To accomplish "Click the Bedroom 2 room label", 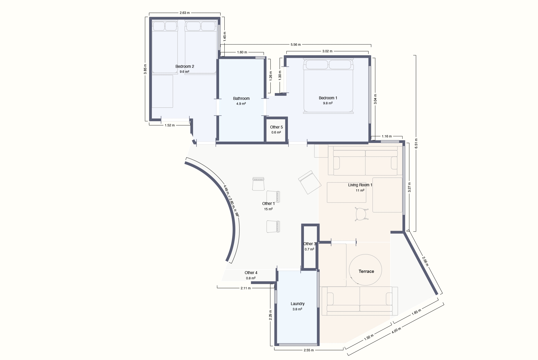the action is click(185, 66).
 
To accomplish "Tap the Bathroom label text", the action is click(241, 99).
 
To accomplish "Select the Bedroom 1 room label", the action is click(328, 98).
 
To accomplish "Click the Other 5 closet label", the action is click(276, 127).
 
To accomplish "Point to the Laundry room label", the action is click(297, 304).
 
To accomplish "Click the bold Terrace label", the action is click(366, 271).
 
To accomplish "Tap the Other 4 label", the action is click(251, 273).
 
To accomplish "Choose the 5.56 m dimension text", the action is click(296, 45).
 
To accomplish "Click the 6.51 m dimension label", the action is click(416, 143).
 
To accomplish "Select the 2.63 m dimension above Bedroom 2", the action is click(185, 13).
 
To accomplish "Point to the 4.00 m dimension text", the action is click(396, 330).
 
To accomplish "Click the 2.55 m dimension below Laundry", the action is click(309, 350).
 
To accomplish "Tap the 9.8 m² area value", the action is click(328, 103).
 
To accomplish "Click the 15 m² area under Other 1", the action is click(268, 209).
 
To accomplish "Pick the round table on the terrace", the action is click(365, 270).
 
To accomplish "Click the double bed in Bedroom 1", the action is click(328, 86).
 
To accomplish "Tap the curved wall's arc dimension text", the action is click(231, 201).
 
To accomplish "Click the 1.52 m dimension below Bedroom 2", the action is click(170, 125).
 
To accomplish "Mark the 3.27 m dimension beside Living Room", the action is click(409, 187).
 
